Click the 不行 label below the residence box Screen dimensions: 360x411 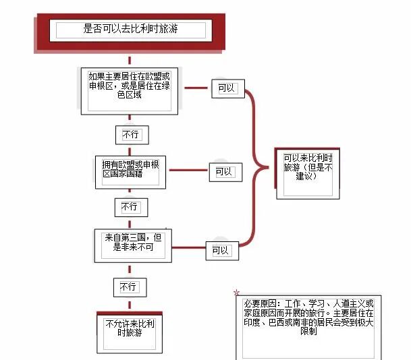[x=131, y=134]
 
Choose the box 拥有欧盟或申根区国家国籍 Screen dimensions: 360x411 [x=130, y=169]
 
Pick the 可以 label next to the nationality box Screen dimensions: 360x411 [x=224, y=172]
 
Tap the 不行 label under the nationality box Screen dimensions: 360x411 [x=130, y=206]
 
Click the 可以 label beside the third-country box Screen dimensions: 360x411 [x=220, y=250]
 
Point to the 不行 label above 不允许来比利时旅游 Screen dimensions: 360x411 [x=128, y=287]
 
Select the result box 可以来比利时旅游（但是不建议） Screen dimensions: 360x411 [x=308, y=167]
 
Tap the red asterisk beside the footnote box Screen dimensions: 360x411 [x=236, y=293]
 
